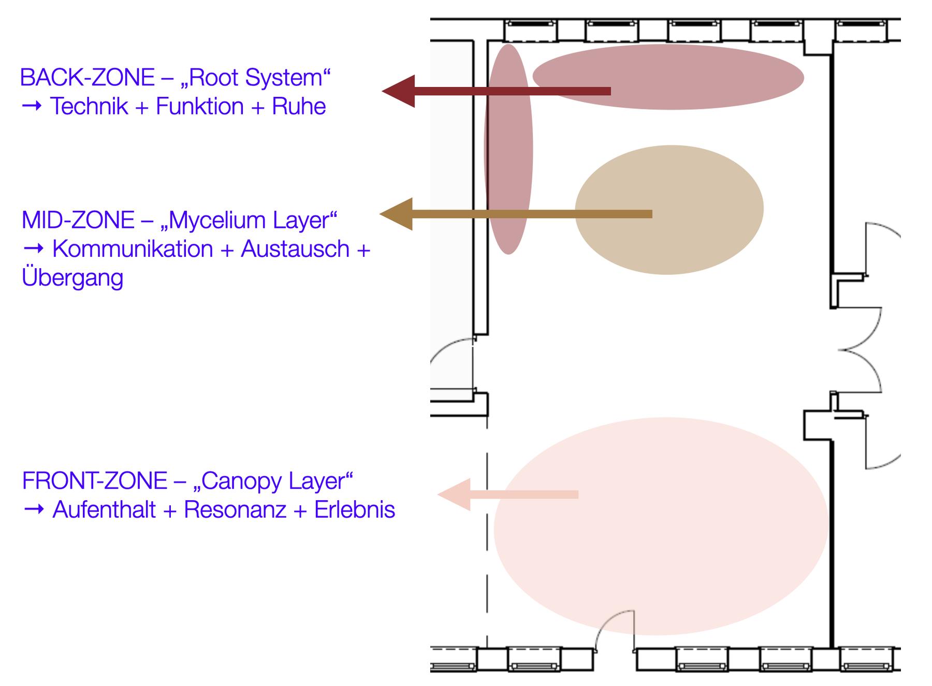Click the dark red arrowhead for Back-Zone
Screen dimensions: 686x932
[400, 91]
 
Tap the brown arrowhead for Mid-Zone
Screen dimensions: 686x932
[398, 214]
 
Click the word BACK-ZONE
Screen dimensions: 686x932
[87, 78]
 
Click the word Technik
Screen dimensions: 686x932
[89, 107]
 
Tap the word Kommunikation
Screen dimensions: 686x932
[133, 249]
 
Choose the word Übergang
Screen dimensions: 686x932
[72, 278]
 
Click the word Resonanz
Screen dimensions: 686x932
[235, 510]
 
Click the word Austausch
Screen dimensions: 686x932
[295, 249]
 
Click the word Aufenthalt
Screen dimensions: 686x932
[104, 510]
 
